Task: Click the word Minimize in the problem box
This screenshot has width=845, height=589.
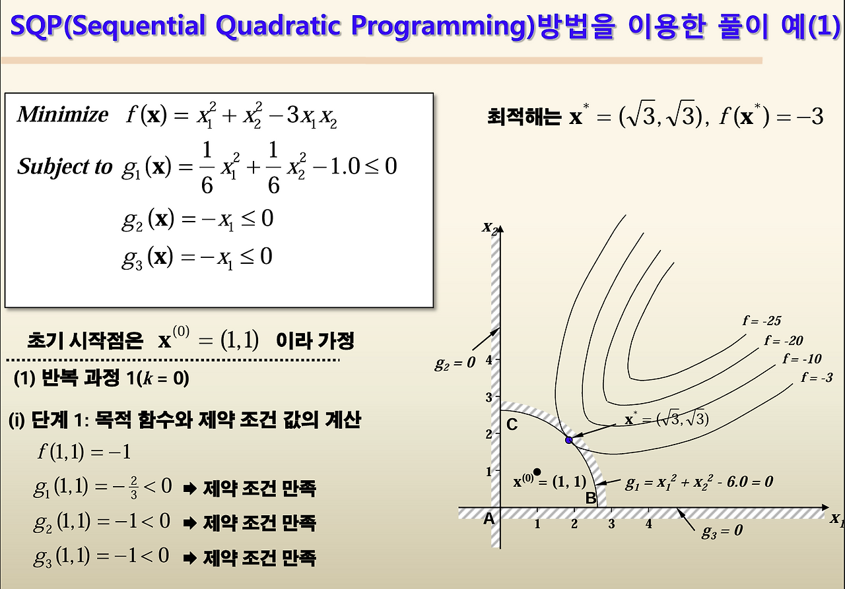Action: tap(63, 115)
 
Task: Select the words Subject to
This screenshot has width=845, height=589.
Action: tap(65, 167)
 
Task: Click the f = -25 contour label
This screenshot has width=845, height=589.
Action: tap(762, 321)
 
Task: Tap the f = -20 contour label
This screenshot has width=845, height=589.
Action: tap(784, 341)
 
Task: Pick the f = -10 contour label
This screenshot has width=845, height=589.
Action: tap(802, 359)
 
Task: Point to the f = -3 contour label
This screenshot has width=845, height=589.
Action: tap(817, 378)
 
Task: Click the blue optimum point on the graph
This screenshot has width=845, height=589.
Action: tap(568, 439)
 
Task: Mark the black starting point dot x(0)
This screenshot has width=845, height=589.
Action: tap(537, 472)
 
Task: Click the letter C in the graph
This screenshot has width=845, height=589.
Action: tap(512, 425)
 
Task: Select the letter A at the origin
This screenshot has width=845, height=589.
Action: tap(489, 519)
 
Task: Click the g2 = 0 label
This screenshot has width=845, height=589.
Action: tap(455, 362)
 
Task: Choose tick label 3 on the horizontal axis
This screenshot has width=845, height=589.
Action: tap(611, 524)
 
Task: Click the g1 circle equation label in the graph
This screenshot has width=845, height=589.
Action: tap(698, 482)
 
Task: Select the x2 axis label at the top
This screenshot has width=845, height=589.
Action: tap(490, 228)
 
